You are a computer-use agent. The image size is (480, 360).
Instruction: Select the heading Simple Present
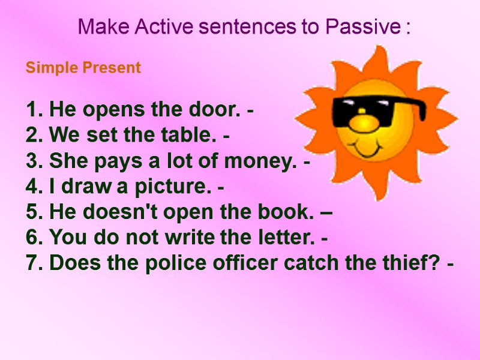[83, 68]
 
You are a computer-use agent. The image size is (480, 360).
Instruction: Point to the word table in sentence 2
[193, 136]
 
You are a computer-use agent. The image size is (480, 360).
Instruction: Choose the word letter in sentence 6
[287, 239]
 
